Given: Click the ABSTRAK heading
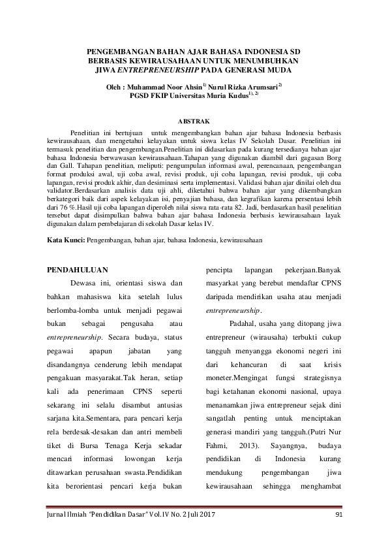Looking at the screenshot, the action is pyautogui.click(x=194, y=121).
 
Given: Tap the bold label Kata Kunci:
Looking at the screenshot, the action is pyautogui.click(x=66, y=240).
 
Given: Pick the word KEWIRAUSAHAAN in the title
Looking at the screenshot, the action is pyautogui.click(x=146, y=60).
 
